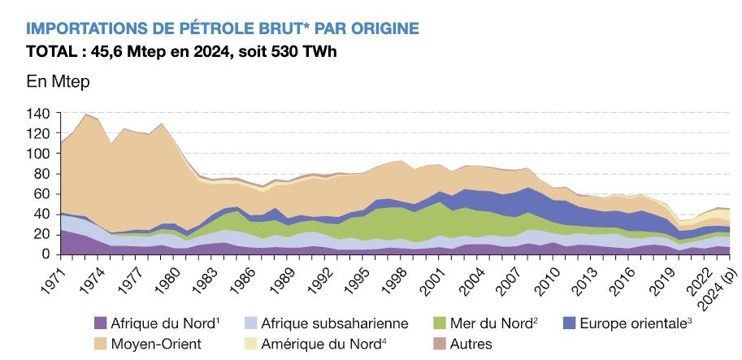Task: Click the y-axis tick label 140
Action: pyautogui.click(x=38, y=114)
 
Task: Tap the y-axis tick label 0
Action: pyautogui.click(x=46, y=254)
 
